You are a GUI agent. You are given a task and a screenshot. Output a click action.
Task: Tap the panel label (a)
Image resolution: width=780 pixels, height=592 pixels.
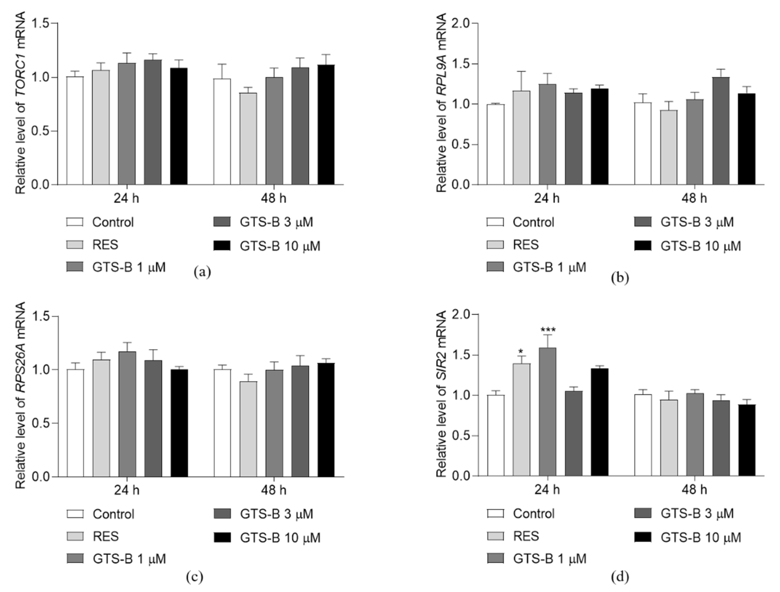pos(202,272)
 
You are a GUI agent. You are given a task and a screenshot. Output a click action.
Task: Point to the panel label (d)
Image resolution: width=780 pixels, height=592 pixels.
pos(620,577)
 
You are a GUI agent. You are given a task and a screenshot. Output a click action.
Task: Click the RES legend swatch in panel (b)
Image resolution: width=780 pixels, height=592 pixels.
pos(495,245)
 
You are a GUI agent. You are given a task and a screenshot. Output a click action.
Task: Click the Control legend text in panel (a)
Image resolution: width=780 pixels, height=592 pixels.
pos(113,222)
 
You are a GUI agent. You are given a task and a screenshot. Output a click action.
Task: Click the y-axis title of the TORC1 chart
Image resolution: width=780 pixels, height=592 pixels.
pos(20,103)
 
